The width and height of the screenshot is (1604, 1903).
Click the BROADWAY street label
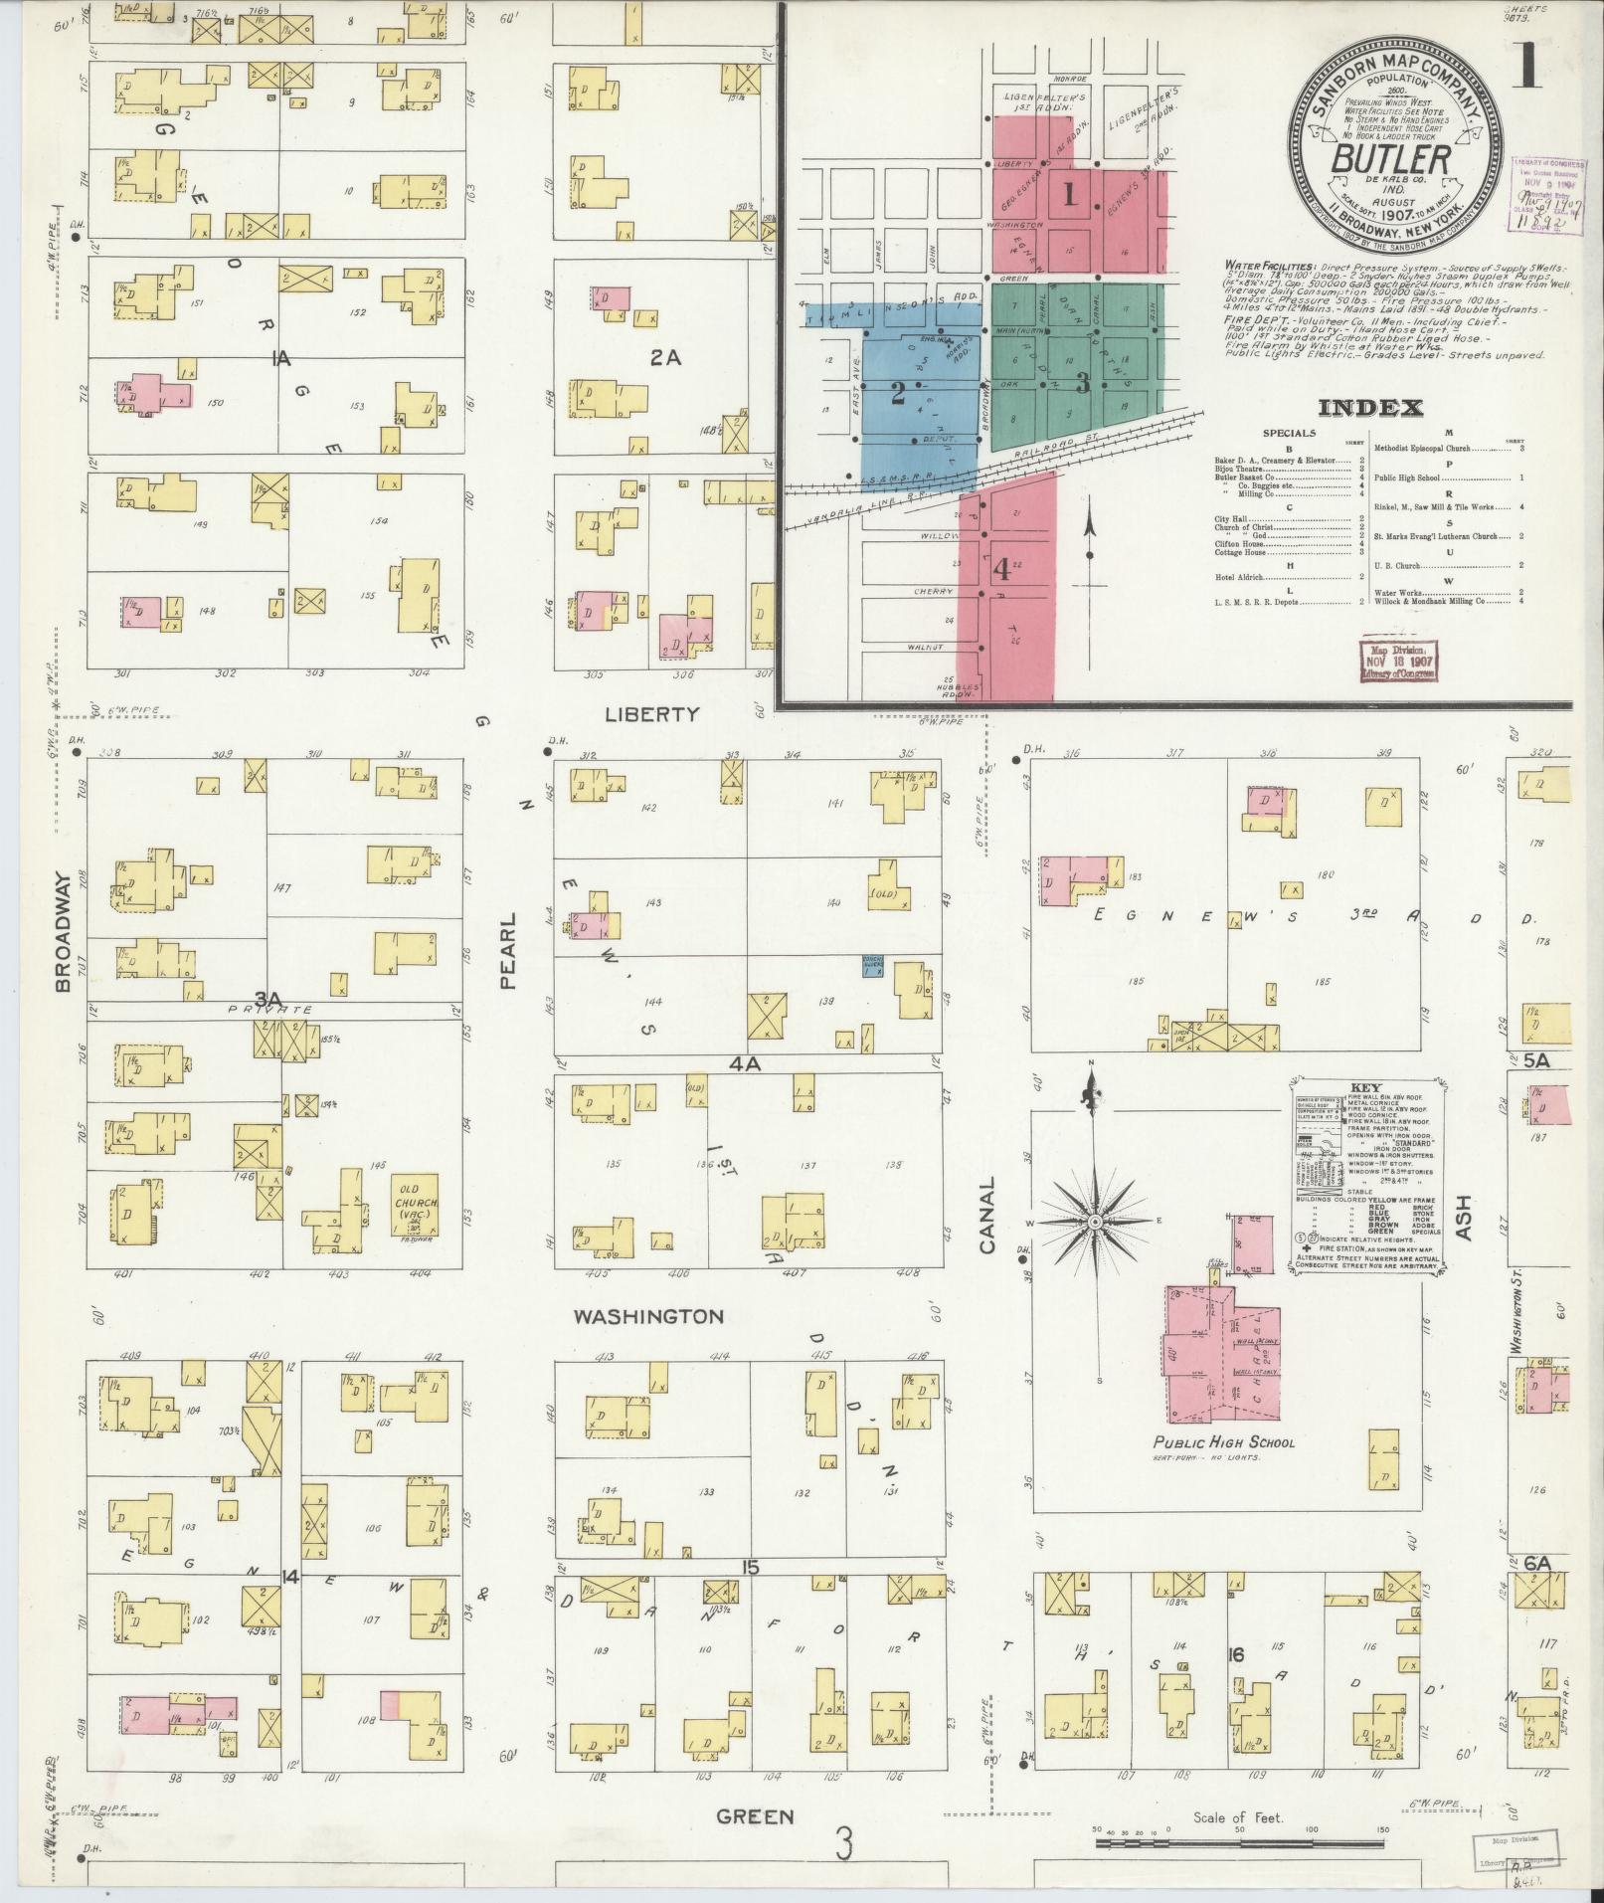(63, 932)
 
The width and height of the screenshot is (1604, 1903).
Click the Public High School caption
(1223, 1442)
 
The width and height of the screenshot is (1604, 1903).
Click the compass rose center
(1094, 1222)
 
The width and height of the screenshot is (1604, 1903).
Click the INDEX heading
(1370, 408)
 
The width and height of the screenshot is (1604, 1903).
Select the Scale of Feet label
(1238, 1817)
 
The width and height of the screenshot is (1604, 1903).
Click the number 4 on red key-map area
(1001, 571)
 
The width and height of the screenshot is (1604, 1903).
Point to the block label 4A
(745, 1063)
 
